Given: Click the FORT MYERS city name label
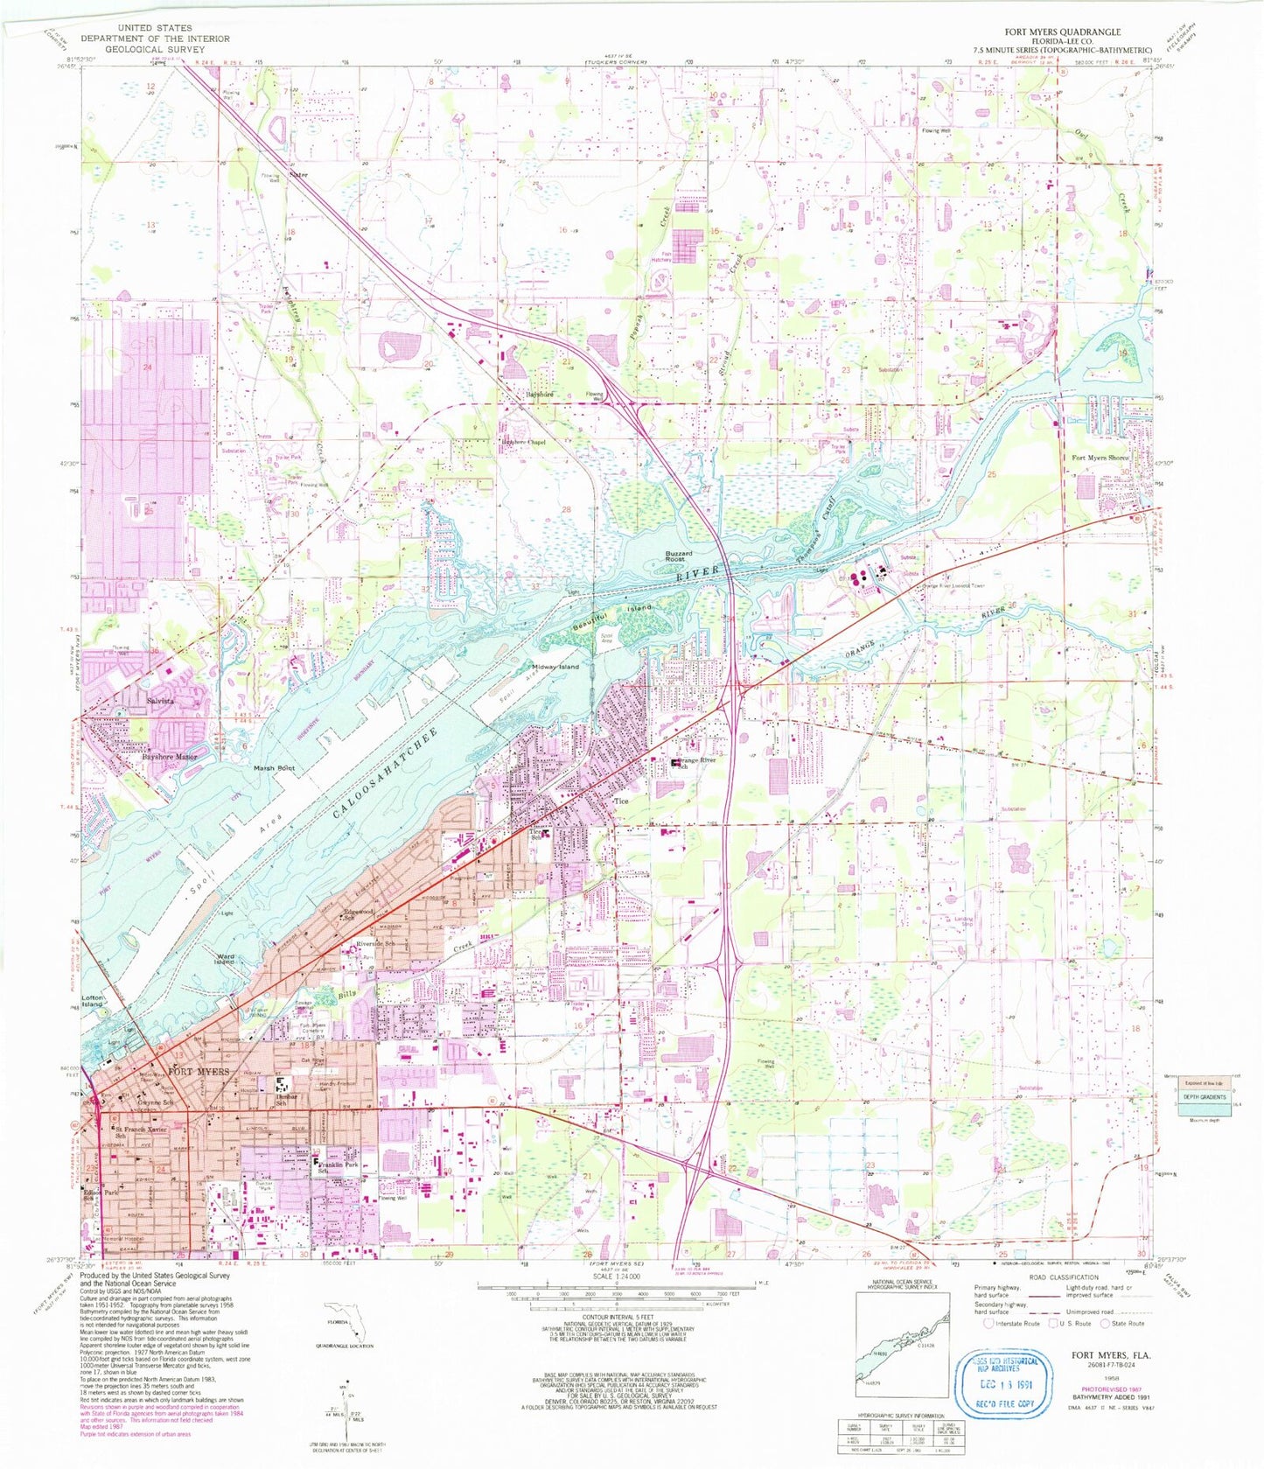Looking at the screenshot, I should [199, 1072].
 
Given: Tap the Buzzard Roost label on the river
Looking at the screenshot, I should [678, 556].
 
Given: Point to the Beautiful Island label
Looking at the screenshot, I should [615, 618].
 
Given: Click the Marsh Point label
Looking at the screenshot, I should [275, 768].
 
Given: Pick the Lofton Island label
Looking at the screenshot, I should [93, 1002].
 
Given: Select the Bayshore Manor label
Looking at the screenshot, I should [170, 756].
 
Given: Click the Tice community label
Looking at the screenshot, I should [621, 801].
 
